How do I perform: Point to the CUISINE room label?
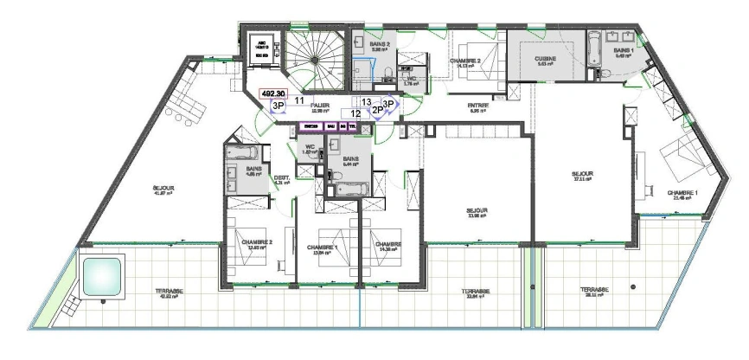[545, 60]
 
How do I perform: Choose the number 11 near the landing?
[298, 101]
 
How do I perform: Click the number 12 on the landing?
[355, 113]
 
